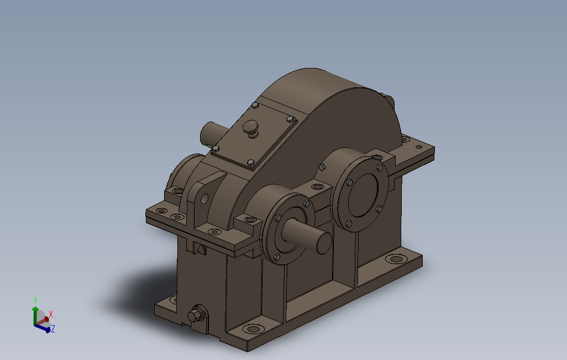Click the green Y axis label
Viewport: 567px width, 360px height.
[35, 300]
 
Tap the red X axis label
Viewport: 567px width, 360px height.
[51, 315]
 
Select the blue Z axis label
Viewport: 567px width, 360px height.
[53, 329]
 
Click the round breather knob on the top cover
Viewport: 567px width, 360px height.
[250, 127]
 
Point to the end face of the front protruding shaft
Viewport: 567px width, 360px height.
[324, 243]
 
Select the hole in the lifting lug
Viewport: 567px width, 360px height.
[204, 198]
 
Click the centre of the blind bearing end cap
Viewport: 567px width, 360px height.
[363, 195]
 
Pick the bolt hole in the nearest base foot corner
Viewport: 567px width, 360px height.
[253, 329]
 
